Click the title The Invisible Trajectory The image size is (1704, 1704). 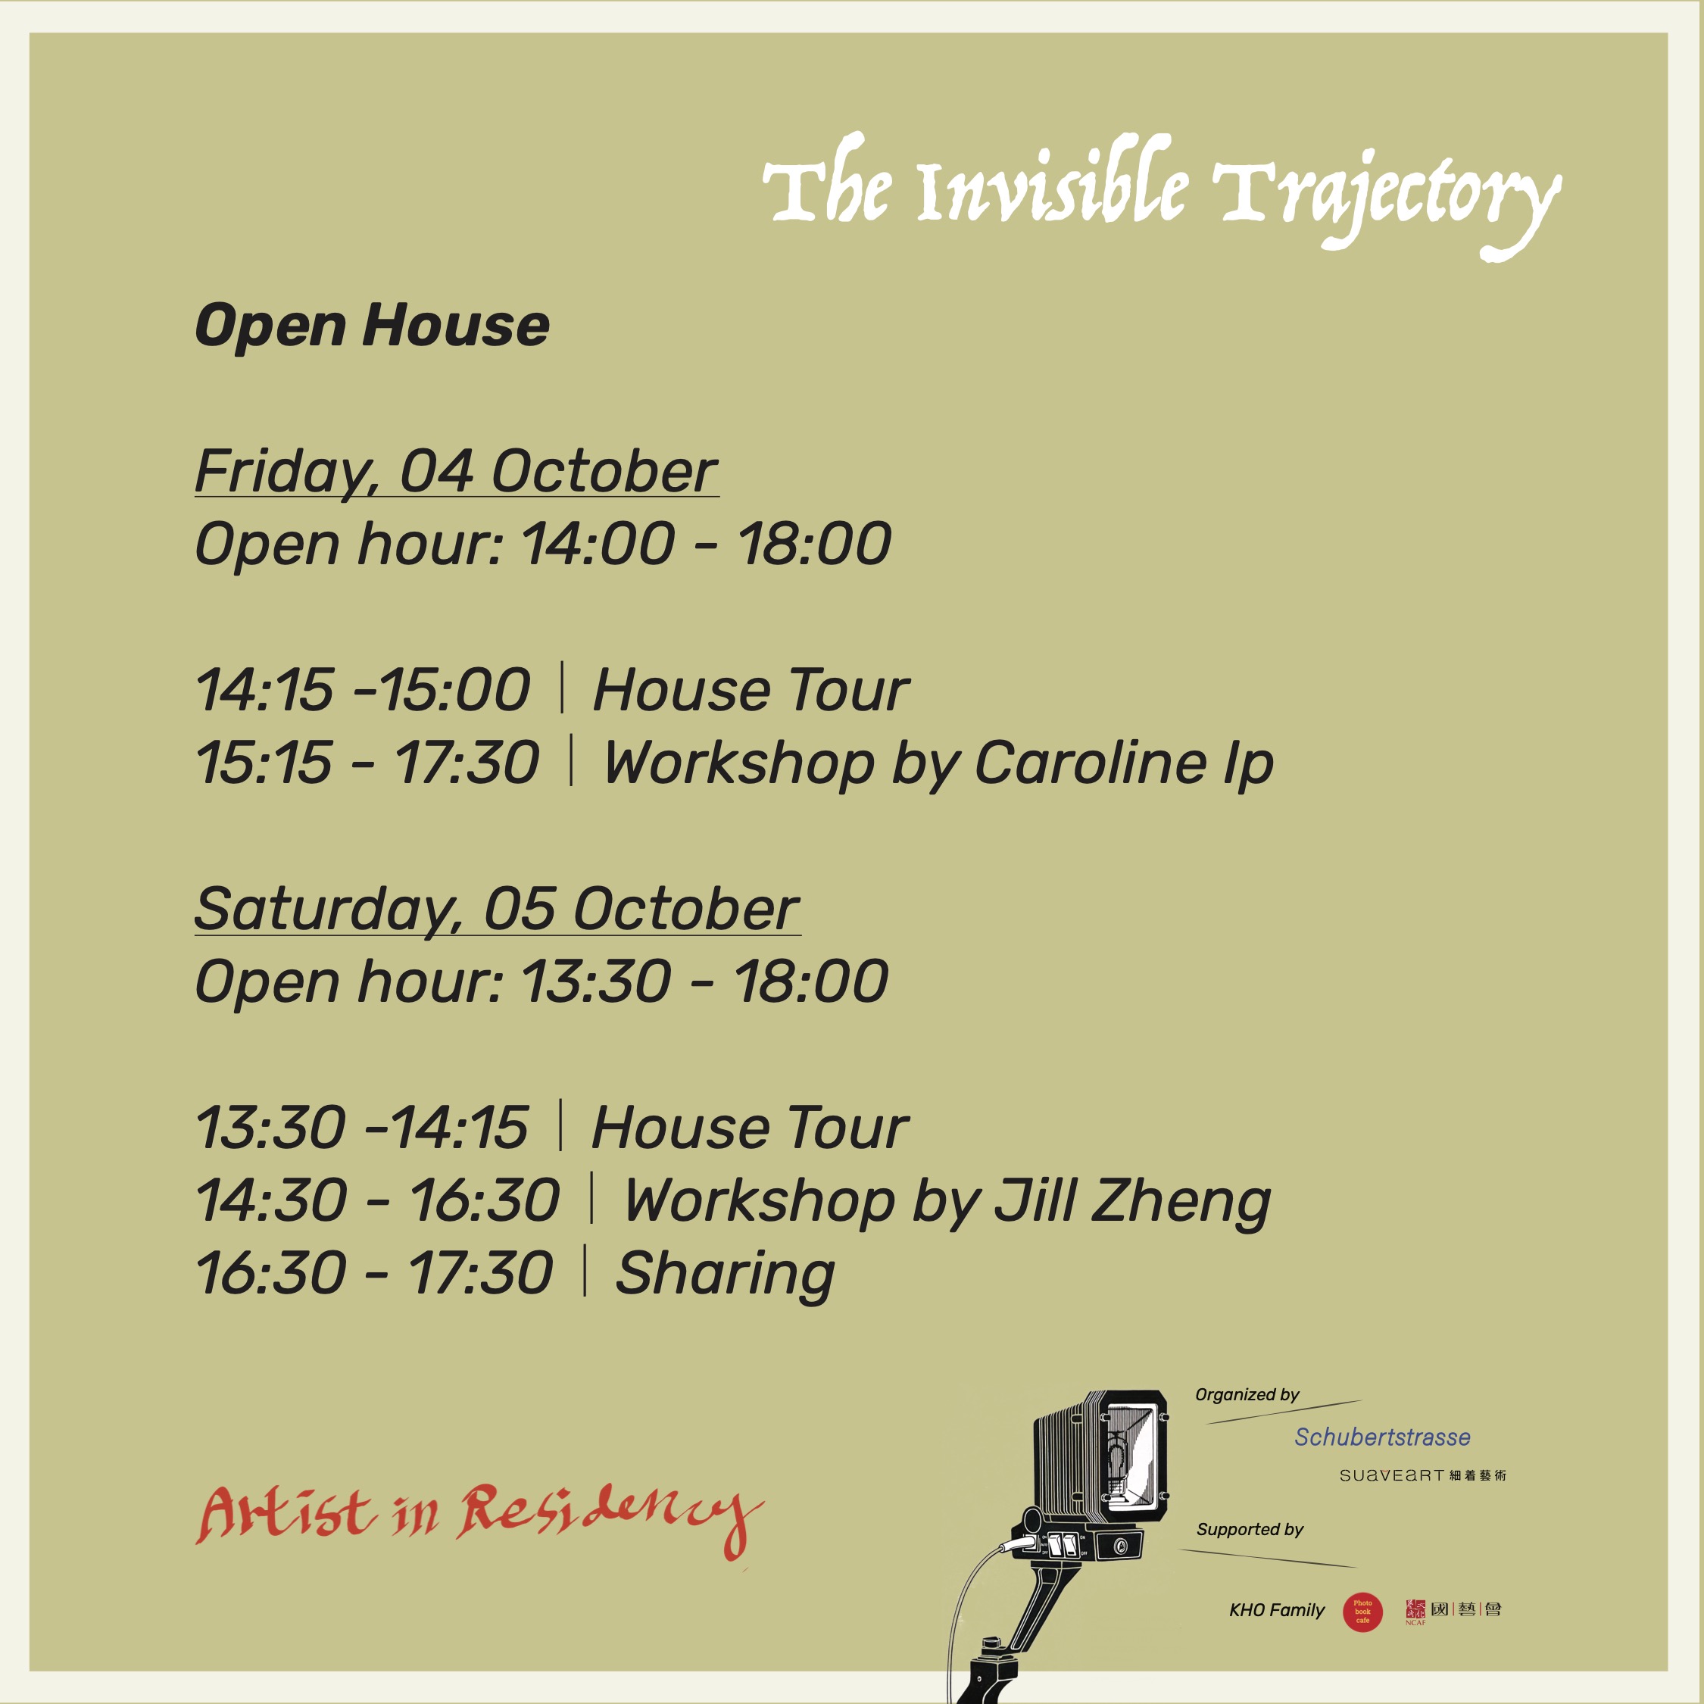click(x=1161, y=196)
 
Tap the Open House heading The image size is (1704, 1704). click(x=372, y=326)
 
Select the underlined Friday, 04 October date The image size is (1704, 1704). click(x=456, y=473)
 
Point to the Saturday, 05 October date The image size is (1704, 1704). click(x=498, y=910)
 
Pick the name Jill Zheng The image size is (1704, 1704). click(x=1132, y=1201)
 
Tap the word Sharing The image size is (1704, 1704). click(x=725, y=1275)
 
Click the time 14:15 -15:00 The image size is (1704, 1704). click(x=363, y=690)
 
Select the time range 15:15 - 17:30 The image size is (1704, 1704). click(x=367, y=763)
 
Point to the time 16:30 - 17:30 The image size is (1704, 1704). click(x=374, y=1274)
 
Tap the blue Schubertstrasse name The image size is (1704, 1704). click(x=1382, y=1437)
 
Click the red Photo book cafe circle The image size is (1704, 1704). click(x=1362, y=1612)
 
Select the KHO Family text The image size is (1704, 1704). click(x=1276, y=1611)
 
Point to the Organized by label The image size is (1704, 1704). click(x=1247, y=1394)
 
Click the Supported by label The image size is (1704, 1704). click(x=1250, y=1529)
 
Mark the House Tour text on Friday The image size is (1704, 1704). click(x=751, y=690)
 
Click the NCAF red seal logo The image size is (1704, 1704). click(x=1415, y=1612)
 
